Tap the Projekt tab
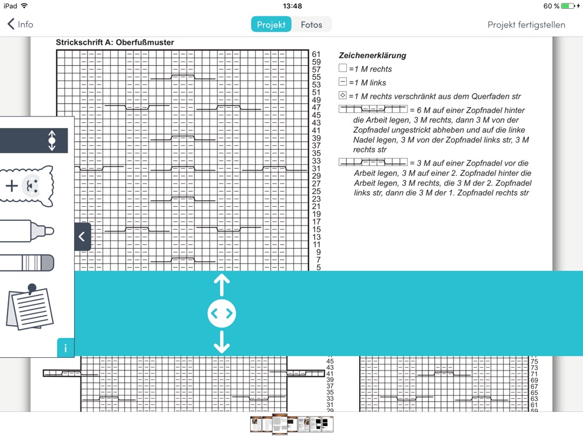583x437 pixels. [x=271, y=24]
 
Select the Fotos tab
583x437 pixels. [x=311, y=24]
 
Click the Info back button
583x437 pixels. [x=20, y=24]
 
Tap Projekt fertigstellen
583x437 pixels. [x=526, y=24]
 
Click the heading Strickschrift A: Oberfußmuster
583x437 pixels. [x=115, y=43]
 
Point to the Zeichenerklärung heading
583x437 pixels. [x=372, y=55]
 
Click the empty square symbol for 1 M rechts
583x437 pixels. [x=342, y=68]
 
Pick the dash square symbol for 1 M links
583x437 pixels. [x=342, y=82]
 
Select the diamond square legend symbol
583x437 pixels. [x=342, y=96]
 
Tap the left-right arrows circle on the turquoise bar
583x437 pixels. [x=222, y=313]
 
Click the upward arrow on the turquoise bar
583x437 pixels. [x=222, y=284]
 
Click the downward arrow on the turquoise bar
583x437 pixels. [x=222, y=342]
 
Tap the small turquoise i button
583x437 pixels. [x=65, y=348]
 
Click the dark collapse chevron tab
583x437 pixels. [x=82, y=237]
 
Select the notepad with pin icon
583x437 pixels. [x=30, y=307]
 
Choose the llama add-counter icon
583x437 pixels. [x=28, y=185]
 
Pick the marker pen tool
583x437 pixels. [x=27, y=231]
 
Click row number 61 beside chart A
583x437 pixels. [x=316, y=54]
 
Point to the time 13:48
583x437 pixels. [x=292, y=6]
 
